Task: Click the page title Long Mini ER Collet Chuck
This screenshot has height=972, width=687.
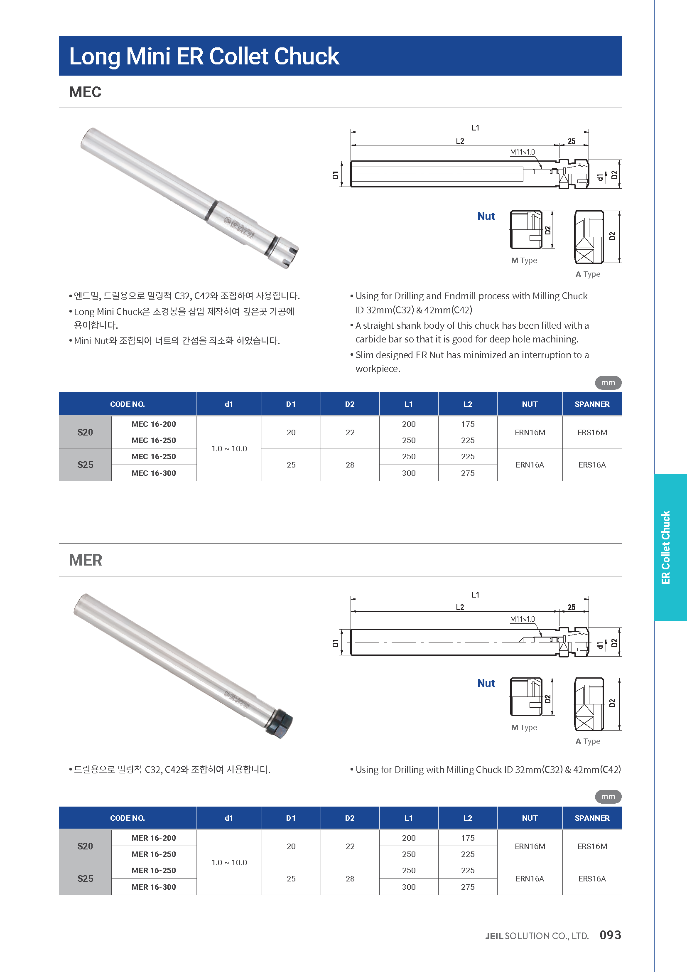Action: pos(204,56)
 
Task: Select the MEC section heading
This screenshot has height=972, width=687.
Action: pos(85,92)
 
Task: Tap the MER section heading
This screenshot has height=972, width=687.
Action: pos(86,560)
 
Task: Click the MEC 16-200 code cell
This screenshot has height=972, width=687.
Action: pos(154,424)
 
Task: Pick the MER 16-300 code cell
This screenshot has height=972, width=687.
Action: pos(154,886)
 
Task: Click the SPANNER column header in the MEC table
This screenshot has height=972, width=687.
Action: pos(592,404)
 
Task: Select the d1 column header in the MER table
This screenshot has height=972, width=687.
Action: pos(229,818)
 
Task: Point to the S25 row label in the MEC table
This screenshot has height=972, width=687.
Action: pos(85,465)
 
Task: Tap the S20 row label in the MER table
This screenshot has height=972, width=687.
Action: pos(85,846)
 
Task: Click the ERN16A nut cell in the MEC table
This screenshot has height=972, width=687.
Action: pos(530,465)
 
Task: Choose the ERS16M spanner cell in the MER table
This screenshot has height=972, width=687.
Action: pos(592,846)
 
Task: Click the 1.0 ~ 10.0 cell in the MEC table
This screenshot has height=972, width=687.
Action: pos(229,448)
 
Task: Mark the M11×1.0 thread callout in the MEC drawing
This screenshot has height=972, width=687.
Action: pos(522,153)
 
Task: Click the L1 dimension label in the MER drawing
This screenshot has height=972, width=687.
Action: pos(476,595)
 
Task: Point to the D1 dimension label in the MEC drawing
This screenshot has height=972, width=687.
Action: pos(336,175)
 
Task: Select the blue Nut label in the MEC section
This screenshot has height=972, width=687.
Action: pos(486,217)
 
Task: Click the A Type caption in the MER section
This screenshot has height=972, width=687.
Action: pos(588,741)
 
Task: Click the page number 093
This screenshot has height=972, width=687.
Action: pos(610,935)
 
